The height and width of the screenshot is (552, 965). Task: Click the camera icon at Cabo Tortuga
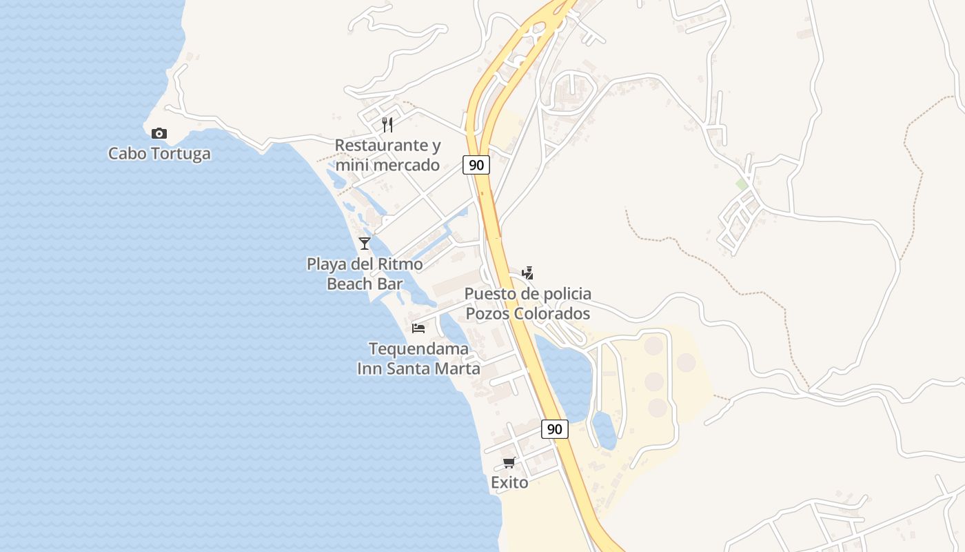[x=159, y=133]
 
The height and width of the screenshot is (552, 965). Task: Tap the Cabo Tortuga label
[x=159, y=153]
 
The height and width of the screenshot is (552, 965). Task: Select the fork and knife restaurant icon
[x=387, y=125]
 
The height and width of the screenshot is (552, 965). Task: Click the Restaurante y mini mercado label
[x=387, y=155]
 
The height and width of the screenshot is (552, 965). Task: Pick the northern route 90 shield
[x=476, y=165]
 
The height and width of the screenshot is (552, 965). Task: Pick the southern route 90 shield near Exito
[x=554, y=429]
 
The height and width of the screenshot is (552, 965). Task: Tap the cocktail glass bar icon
[x=365, y=243]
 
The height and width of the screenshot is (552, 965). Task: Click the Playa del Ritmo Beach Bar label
[x=365, y=273]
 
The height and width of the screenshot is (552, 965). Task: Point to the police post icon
[x=527, y=273]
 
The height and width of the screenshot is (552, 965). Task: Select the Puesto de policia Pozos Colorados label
[x=527, y=304]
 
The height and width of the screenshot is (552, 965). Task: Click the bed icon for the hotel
[x=418, y=328]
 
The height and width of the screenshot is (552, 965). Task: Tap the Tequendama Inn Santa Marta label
[x=418, y=358]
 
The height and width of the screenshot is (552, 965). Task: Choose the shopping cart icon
[x=509, y=462]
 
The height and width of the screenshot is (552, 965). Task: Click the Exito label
[x=509, y=482]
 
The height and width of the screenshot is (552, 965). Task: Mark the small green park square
[x=742, y=184]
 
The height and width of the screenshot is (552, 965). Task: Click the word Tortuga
[x=180, y=153]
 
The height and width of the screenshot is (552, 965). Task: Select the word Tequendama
[x=418, y=348]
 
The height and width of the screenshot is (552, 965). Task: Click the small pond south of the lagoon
[x=604, y=431]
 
